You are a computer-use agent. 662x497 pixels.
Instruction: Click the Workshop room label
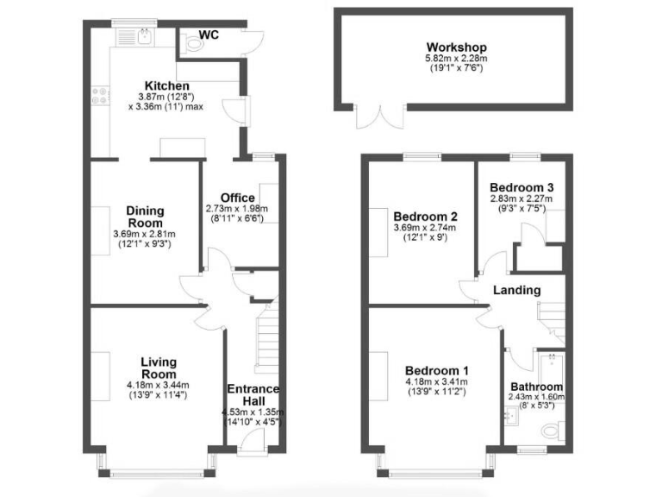tap(456, 47)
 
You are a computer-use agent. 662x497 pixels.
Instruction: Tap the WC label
tap(208, 35)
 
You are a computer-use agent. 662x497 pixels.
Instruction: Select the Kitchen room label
tap(166, 85)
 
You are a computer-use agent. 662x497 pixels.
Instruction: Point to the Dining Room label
tap(144, 217)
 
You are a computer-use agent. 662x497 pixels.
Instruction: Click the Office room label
tap(237, 198)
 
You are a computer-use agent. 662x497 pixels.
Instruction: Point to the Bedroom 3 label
tap(521, 187)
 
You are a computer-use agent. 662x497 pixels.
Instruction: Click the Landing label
tap(517, 290)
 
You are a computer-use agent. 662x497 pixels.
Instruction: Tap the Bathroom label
tap(536, 387)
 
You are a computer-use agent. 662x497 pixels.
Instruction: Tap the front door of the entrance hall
tap(253, 440)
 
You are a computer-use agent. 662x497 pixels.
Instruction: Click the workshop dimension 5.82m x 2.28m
tap(456, 60)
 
